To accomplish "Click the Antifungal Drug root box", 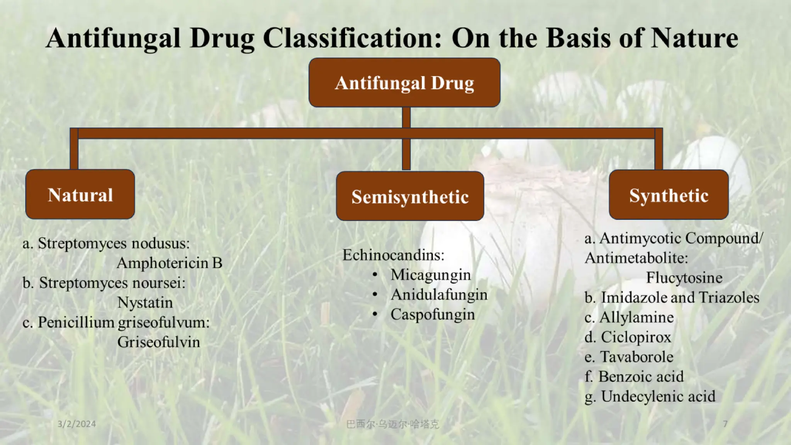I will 404,83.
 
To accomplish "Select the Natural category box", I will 80,194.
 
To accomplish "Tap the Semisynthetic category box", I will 410,196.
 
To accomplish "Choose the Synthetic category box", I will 669,195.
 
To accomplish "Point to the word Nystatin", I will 145,302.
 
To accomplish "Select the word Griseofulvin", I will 159,342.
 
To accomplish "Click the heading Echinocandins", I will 393,255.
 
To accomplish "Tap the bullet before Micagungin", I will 375,275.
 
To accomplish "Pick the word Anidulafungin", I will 439,295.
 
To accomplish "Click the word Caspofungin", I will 433,314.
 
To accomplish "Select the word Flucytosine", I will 684,278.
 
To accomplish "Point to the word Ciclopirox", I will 636,337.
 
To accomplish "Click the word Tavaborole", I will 637,357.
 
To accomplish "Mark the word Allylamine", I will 637,318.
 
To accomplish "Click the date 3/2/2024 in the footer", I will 76,424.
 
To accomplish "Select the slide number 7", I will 725,424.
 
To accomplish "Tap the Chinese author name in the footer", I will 392,424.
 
